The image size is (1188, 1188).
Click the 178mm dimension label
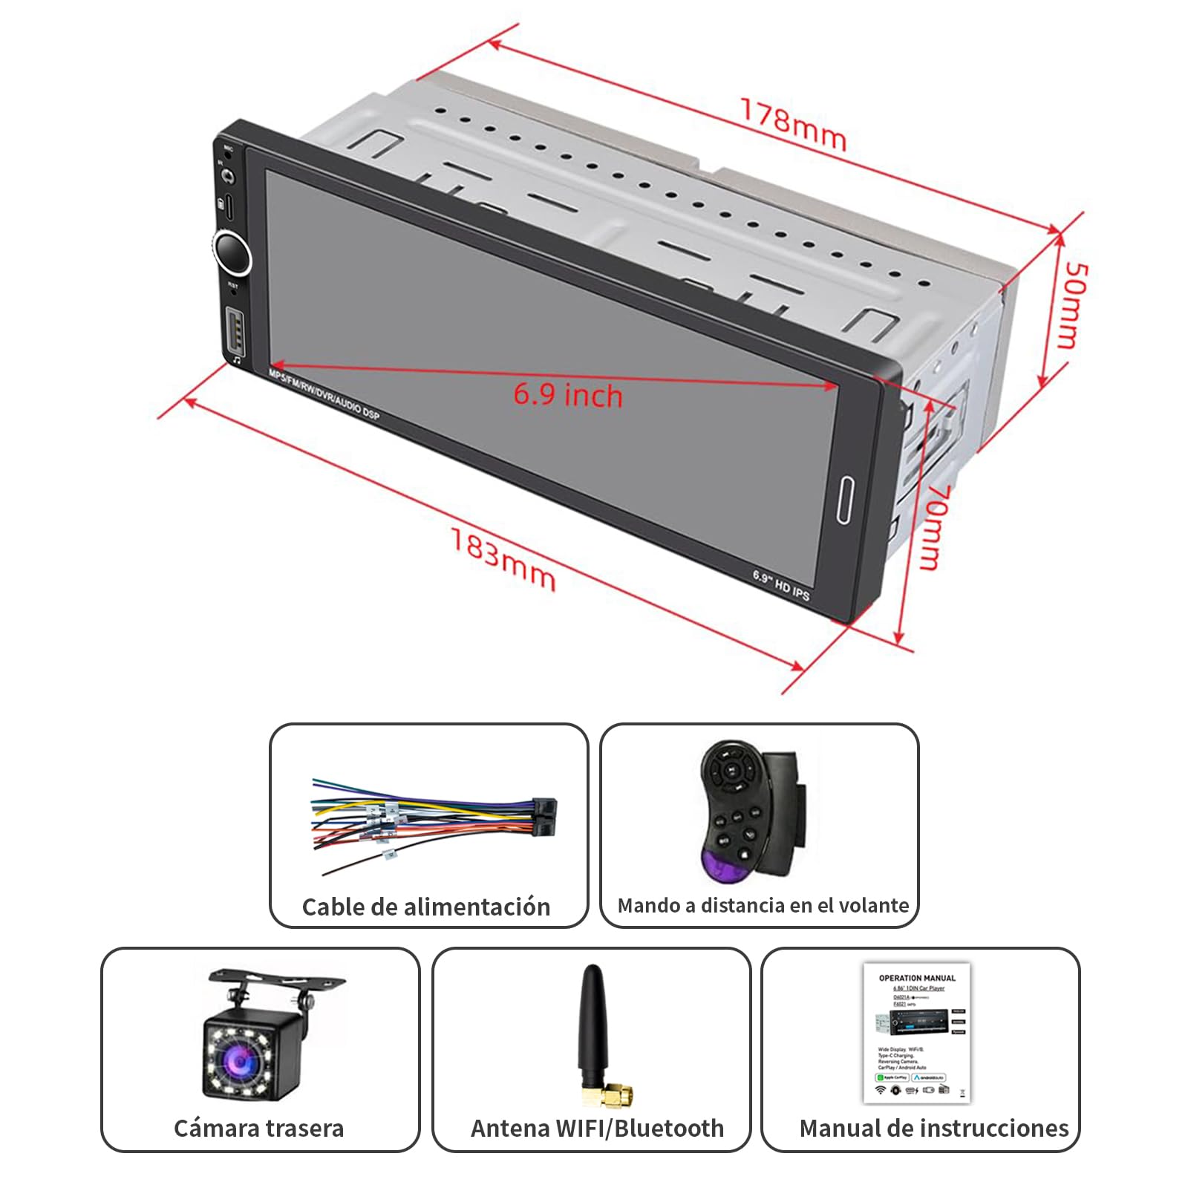[793, 125]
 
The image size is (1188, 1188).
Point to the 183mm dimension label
[503, 558]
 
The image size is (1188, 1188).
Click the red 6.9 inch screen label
[568, 395]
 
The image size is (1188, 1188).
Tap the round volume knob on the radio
[232, 252]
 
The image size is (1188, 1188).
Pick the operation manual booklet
[917, 1032]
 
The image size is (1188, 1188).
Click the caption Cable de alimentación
[426, 907]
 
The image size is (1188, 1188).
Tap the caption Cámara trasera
[258, 1128]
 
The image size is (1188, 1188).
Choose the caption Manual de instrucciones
[933, 1128]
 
